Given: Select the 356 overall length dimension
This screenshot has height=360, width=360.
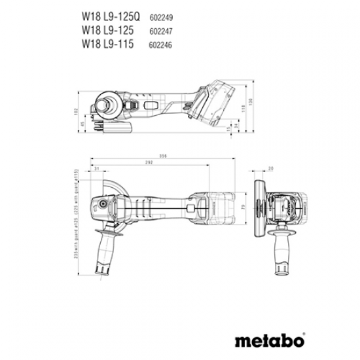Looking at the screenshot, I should pos(163,156).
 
